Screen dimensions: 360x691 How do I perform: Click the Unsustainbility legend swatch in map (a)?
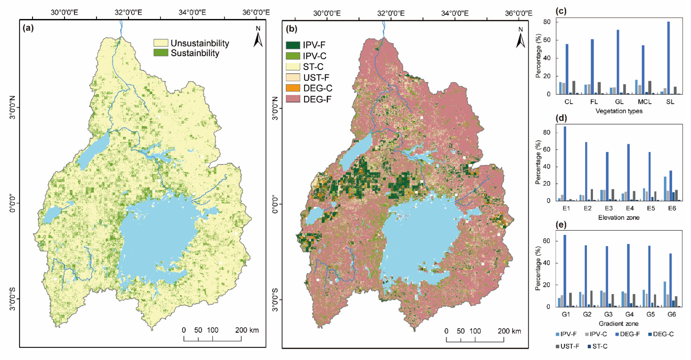161,43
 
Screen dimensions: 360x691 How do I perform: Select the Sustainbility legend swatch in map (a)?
161,53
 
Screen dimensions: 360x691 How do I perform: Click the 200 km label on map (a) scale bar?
247,330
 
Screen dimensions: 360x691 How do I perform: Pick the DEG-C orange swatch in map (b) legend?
293,88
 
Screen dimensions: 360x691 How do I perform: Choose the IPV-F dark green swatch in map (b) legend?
293,45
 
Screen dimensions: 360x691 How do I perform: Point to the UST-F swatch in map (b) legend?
293,77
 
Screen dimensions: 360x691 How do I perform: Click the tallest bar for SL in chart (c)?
669,58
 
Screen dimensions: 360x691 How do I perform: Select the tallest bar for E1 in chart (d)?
565,163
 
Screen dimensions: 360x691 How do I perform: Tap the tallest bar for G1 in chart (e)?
565,271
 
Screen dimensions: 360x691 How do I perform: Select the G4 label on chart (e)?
629,314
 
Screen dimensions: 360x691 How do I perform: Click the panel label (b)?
291,28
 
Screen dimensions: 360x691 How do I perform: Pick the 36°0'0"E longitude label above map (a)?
256,12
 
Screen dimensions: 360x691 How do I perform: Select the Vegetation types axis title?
619,111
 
